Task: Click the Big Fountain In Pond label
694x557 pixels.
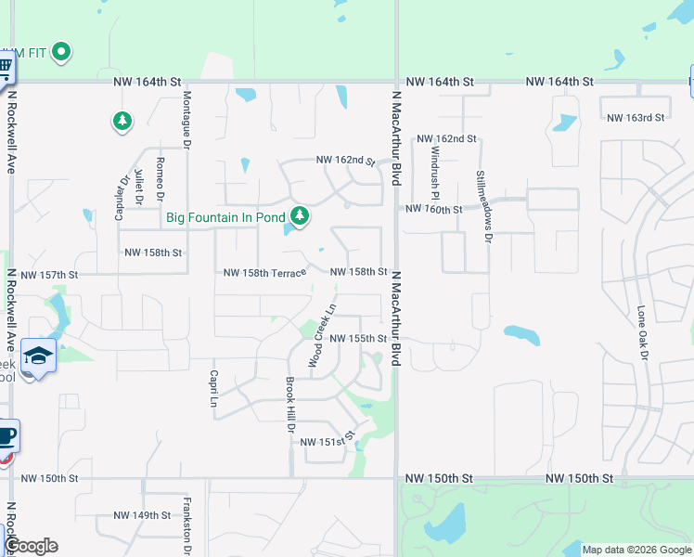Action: click(x=225, y=217)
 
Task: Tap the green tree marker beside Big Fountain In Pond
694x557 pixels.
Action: click(x=299, y=216)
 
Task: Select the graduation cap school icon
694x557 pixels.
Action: click(x=38, y=356)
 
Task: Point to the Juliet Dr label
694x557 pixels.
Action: click(x=139, y=186)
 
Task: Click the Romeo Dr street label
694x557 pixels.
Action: click(x=161, y=178)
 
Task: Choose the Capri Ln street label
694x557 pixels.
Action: click(x=212, y=383)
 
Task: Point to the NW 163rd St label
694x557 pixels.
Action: click(x=636, y=118)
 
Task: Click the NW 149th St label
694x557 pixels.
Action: click(x=142, y=515)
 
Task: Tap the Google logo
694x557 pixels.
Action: click(x=31, y=546)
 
